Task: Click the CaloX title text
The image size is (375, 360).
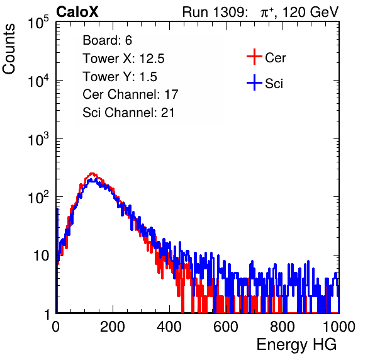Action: pos(77,12)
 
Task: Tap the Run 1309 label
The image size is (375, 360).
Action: pos(215,12)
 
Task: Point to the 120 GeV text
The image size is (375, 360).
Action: pos(310,12)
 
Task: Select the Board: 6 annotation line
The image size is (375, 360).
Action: pos(107,40)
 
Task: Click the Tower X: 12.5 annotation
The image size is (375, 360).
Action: pos(123,59)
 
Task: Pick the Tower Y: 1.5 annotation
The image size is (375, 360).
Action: pos(120,77)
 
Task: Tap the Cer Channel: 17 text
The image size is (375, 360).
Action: pos(130,94)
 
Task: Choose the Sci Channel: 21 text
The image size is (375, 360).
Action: pos(128,113)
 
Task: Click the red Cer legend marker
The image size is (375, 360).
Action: pos(254,57)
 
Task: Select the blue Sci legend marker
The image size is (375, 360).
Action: pos(254,82)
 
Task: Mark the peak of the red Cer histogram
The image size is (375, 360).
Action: pos(92,174)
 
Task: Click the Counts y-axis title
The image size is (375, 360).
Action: pos(9,48)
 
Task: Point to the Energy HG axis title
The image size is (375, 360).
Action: pos(296,344)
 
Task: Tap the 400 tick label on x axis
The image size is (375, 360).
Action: pos(169,327)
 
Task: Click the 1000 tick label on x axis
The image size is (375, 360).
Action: pos(339,327)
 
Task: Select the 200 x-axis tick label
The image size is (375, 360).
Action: pos(113,327)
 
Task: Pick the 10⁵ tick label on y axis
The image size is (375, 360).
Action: pos(38,22)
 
